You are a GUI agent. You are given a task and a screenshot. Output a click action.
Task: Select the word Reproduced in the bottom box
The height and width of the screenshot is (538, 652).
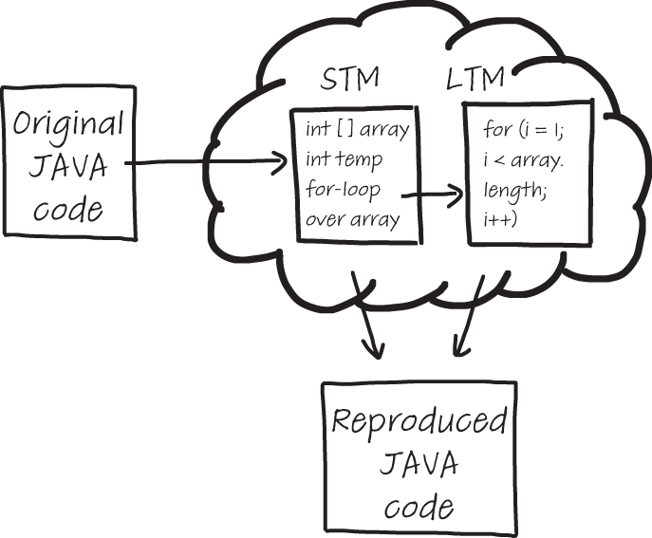pos(419,422)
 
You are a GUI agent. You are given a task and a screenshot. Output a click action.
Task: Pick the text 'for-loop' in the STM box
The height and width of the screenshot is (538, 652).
pos(344,189)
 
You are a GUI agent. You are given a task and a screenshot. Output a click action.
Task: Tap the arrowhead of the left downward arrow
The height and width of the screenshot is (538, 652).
pos(376,352)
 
